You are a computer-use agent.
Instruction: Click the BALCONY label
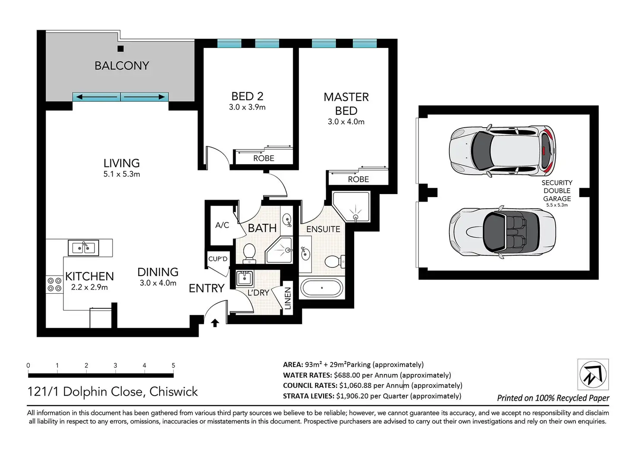tap(122, 66)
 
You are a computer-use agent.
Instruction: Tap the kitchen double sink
tap(83, 248)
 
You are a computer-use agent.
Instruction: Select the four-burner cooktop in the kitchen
tap(54, 285)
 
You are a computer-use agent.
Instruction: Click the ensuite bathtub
tap(322, 288)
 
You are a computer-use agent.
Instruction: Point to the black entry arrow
tap(215, 323)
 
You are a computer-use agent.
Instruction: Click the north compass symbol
tap(593, 374)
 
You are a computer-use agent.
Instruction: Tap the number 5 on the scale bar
tap(173, 365)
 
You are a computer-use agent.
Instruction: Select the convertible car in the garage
tap(502, 232)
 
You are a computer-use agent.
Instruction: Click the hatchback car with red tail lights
tap(502, 151)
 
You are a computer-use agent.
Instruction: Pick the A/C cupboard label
tap(222, 225)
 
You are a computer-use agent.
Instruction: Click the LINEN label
tap(288, 298)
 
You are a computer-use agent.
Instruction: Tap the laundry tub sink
tap(245, 278)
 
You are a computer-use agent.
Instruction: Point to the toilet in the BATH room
tap(249, 253)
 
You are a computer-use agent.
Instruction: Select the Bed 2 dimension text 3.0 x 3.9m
tap(247, 107)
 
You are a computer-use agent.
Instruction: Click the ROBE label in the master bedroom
tap(358, 179)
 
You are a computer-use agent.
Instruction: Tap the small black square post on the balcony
tap(120, 49)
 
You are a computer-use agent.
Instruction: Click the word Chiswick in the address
tap(173, 392)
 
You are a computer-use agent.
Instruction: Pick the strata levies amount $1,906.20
tap(352, 396)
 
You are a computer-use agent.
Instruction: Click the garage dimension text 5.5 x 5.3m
tap(557, 205)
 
